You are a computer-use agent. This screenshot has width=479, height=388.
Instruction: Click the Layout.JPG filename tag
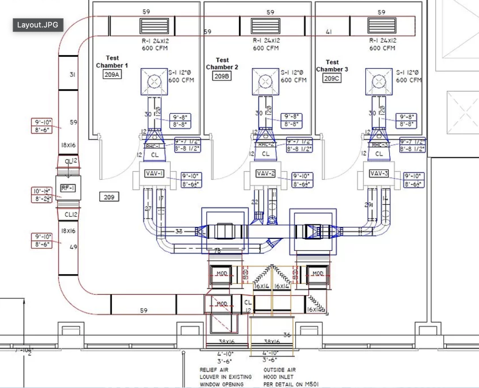click(x=38, y=25)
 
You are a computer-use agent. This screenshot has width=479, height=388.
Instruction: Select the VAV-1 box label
click(x=154, y=173)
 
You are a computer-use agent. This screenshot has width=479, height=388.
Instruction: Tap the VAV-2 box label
click(x=266, y=173)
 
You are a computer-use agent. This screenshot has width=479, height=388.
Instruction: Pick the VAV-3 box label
click(x=379, y=173)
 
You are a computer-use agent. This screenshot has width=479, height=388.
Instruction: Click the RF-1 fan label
click(x=68, y=188)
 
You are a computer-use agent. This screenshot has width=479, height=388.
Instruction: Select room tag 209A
click(x=112, y=75)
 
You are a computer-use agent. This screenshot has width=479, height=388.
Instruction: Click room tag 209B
click(x=222, y=76)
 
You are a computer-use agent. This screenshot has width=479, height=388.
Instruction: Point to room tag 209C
click(x=332, y=78)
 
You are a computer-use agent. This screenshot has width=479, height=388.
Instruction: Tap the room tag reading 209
click(x=109, y=197)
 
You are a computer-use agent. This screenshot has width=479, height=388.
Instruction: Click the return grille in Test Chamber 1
click(x=154, y=26)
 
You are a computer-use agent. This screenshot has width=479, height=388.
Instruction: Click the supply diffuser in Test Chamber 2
click(x=265, y=82)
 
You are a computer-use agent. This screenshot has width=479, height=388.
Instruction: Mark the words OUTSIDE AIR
click(x=279, y=370)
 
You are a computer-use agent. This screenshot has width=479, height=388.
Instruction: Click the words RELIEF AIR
click(x=214, y=370)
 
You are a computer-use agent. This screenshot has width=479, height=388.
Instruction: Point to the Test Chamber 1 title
click(x=112, y=61)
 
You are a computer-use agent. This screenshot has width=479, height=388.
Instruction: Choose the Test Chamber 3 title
click(x=332, y=66)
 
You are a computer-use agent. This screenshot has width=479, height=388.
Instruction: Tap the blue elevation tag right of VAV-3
click(x=413, y=180)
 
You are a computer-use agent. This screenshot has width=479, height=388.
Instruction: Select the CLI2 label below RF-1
click(x=71, y=215)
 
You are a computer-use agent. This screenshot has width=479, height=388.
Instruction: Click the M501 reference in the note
click(x=312, y=384)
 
